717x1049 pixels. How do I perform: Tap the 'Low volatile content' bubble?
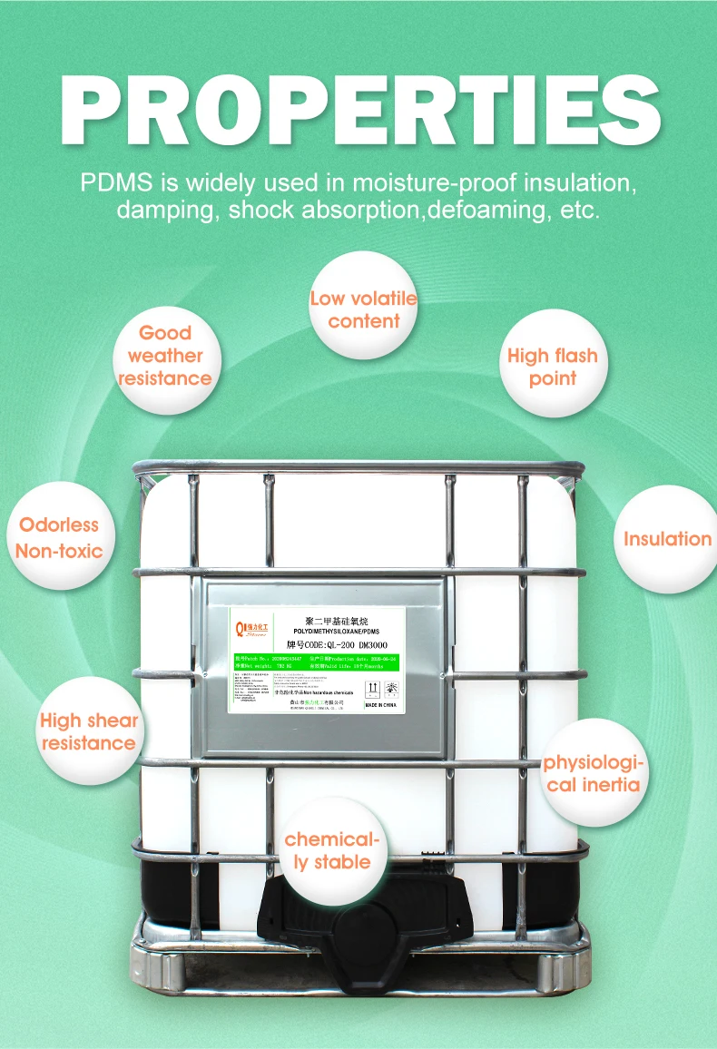(x=363, y=309)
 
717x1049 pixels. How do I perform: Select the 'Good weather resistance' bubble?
(x=165, y=356)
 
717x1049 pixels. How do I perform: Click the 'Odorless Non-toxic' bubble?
(x=60, y=537)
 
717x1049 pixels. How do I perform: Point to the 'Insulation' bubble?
(x=667, y=539)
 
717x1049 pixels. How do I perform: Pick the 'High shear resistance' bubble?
(x=89, y=731)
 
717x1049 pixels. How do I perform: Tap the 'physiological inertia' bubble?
(x=594, y=773)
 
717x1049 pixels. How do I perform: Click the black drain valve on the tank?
(x=363, y=917)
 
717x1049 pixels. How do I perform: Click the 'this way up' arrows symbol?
(x=372, y=687)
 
